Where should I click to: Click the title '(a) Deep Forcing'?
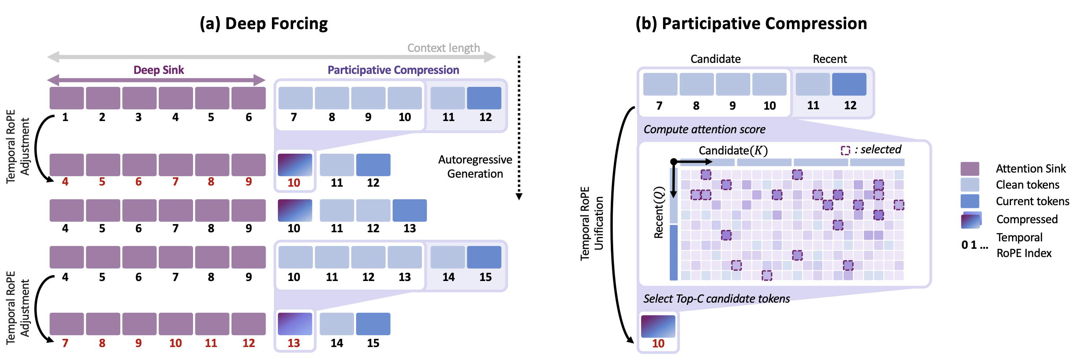tap(264, 24)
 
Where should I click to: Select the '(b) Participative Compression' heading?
tap(751, 24)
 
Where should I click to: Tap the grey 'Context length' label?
tap(443, 48)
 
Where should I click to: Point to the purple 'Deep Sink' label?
tap(158, 70)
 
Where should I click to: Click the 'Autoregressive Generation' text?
tap(475, 167)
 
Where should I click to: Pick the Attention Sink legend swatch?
tap(970, 169)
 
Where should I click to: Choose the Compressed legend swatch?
tap(971, 220)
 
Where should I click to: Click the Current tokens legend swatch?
tap(970, 201)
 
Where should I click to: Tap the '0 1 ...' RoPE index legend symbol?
tap(974, 245)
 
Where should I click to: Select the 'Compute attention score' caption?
tap(704, 130)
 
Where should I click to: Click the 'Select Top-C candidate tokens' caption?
tap(717, 299)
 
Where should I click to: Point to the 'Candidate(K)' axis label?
tap(733, 151)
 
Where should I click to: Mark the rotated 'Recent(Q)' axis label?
tap(659, 213)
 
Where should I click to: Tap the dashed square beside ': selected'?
tap(845, 151)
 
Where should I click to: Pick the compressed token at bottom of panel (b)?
tap(658, 326)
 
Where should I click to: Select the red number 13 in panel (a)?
tap(294, 343)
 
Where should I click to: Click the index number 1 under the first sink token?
tap(65, 118)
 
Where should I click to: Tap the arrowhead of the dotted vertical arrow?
tap(519, 197)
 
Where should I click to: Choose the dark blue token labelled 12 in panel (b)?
tap(849, 84)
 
